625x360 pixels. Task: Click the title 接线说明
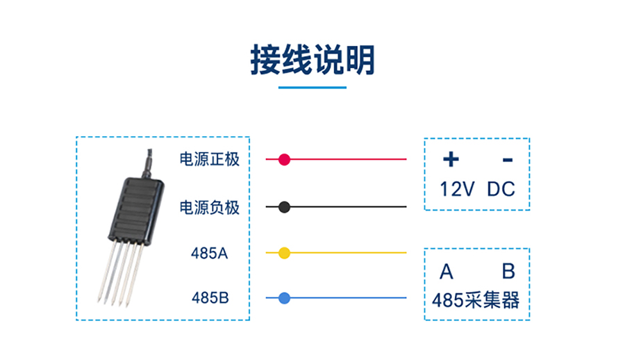coord(312,60)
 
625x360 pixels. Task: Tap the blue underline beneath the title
coord(312,88)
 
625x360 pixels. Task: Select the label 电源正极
coord(209,160)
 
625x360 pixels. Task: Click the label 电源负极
coord(209,207)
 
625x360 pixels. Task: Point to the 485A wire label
coord(209,253)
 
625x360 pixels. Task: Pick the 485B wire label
coord(209,299)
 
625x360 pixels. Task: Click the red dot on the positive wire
coord(284,160)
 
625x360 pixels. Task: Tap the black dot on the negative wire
coord(284,207)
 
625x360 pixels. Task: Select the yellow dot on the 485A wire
coord(284,253)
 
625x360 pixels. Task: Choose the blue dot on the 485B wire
coord(284,299)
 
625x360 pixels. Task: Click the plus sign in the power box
coord(451,160)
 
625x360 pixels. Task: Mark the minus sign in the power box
coord(508,160)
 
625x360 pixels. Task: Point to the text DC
coord(501,188)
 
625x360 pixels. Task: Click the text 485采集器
coord(476,301)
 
